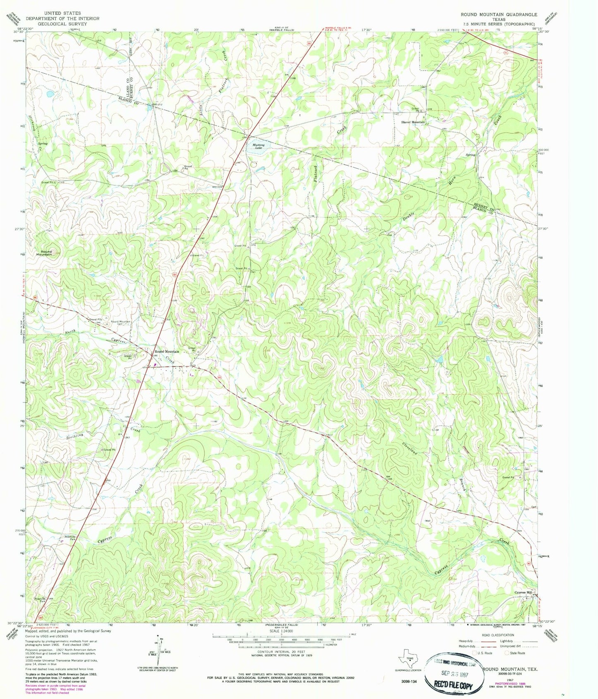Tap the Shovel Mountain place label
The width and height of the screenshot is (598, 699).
click(x=414, y=123)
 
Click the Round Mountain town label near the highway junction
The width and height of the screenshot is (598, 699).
click(x=167, y=352)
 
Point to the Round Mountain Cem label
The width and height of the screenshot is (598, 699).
click(x=120, y=323)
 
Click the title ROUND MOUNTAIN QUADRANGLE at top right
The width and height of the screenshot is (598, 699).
click(x=499, y=14)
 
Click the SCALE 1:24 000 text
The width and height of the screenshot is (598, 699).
click(x=281, y=631)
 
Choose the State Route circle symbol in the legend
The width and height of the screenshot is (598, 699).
click(x=507, y=653)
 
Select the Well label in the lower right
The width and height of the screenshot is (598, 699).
click(x=428, y=521)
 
